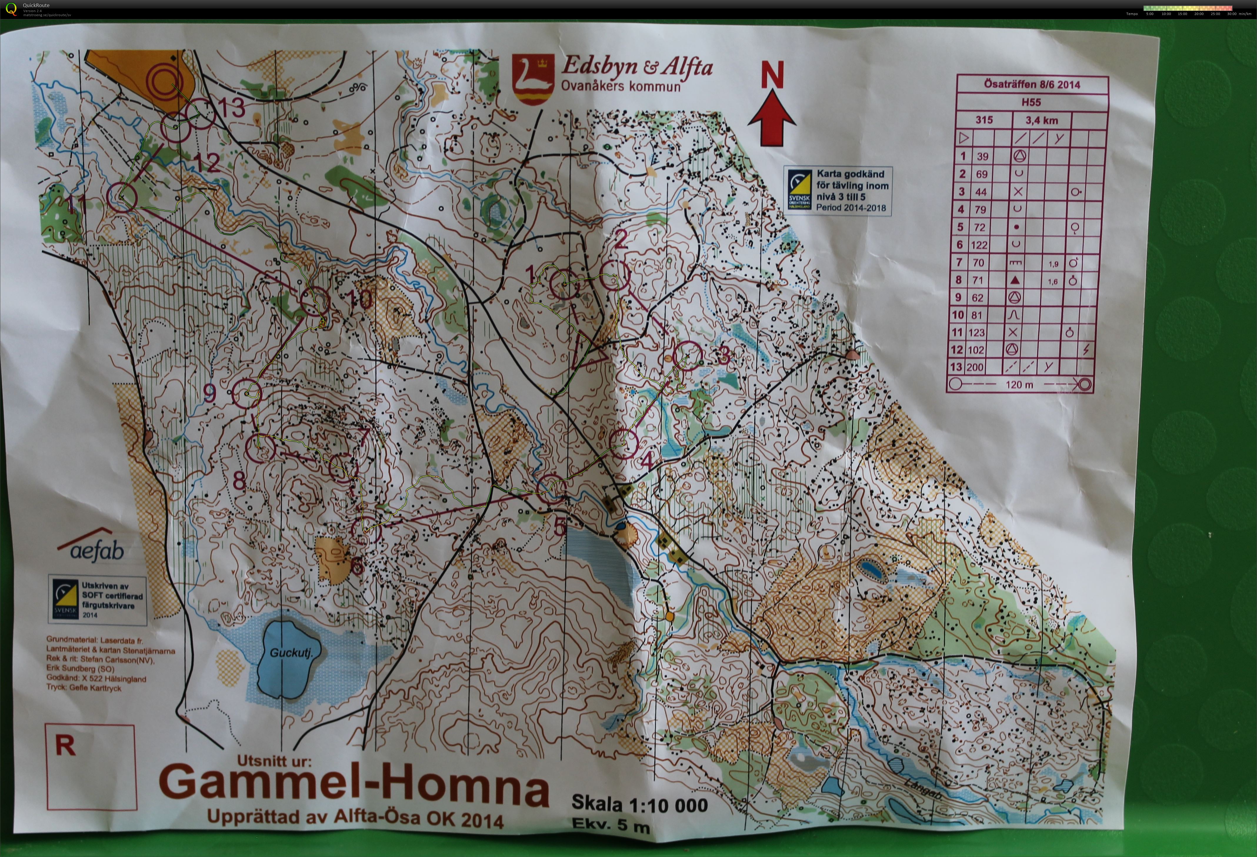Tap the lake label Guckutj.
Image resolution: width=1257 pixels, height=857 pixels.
[291, 653]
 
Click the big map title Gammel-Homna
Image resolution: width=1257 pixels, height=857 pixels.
[354, 787]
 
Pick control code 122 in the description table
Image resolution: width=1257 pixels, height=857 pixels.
[979, 245]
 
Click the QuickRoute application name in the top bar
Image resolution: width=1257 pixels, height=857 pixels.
[36, 5]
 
